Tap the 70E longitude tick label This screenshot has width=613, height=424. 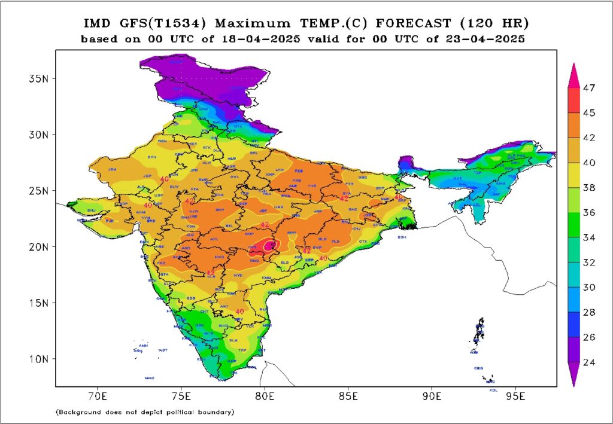coord(98,396)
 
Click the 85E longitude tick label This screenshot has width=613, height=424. coord(348,396)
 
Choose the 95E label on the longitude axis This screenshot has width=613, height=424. coord(515,396)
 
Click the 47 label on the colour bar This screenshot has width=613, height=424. coord(590,87)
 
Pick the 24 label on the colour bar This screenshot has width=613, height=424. coord(590,362)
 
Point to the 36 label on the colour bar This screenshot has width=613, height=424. coord(590,212)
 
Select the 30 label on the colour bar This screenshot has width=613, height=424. coord(590,287)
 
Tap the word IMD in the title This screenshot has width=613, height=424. coord(96,24)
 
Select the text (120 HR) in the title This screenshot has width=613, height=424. coord(495,24)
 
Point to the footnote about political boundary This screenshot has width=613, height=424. coord(144,412)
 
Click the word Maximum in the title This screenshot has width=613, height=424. coord(247,24)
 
